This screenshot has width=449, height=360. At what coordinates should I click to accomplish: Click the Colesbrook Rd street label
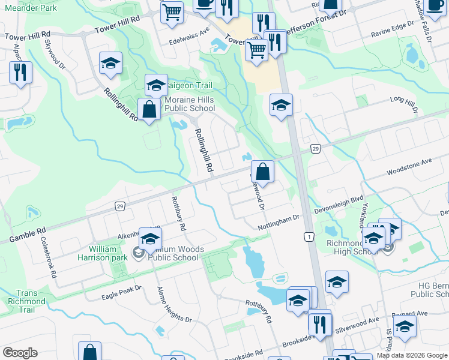pos(48,256)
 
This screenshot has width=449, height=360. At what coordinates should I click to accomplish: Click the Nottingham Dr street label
pos(278,223)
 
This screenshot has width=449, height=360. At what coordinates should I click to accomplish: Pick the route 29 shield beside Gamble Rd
pos(120,206)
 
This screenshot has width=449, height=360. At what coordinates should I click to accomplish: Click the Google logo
pos(20,353)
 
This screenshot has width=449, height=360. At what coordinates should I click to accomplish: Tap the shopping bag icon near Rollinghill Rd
pos(148,110)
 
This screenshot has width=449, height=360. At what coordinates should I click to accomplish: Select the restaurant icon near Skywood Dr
pos(21,72)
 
